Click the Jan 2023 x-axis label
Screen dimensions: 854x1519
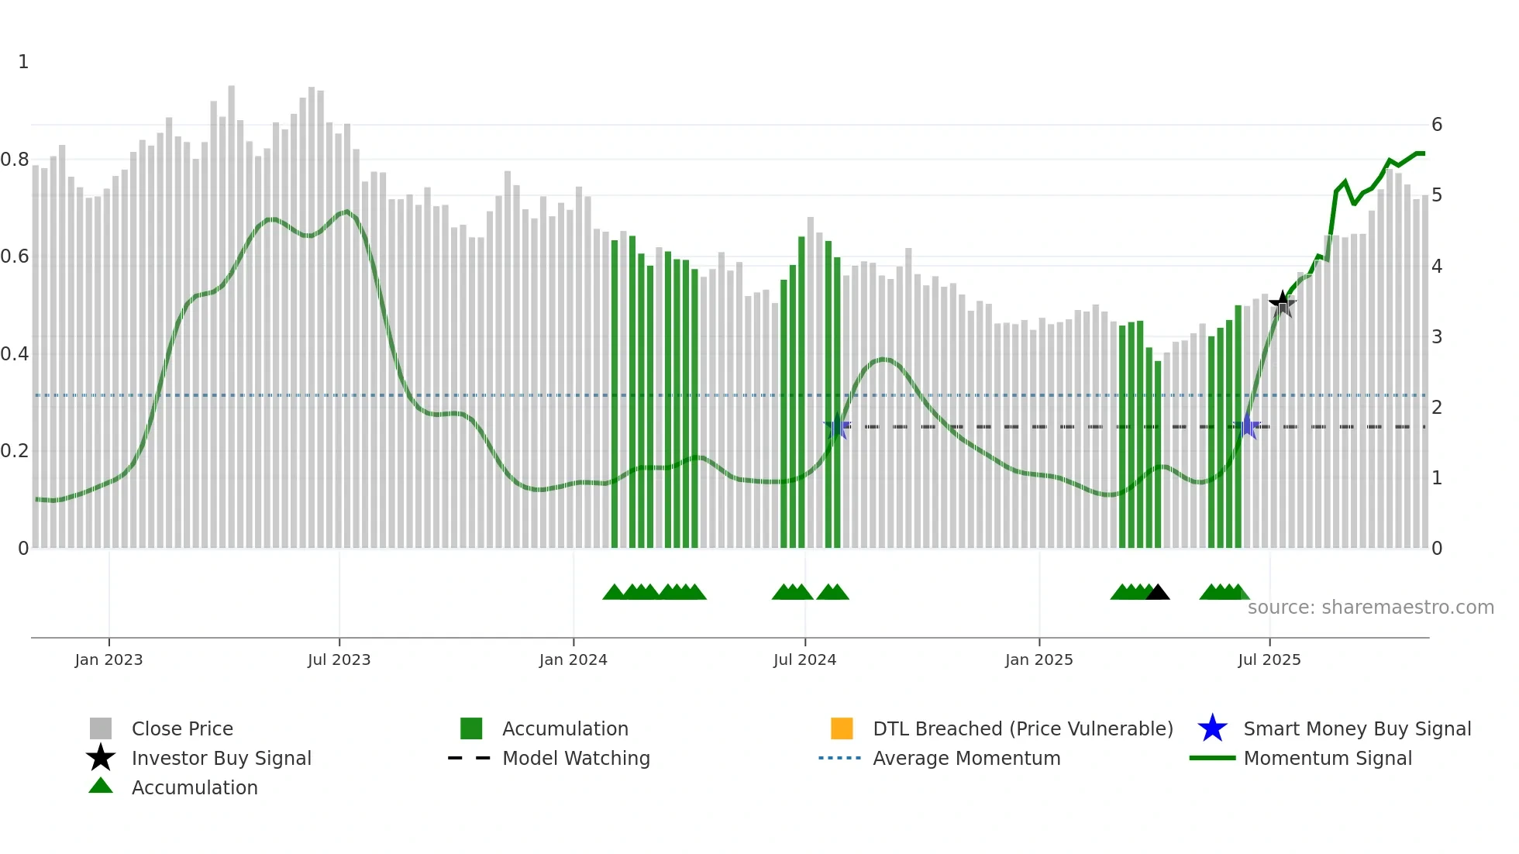point(108,659)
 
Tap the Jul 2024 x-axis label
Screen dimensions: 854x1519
point(804,659)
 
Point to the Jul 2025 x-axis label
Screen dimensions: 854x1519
point(1269,659)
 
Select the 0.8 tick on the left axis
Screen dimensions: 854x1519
point(15,160)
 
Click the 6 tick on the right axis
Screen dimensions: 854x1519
point(1437,125)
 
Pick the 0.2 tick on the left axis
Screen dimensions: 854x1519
point(15,451)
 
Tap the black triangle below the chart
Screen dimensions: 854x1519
point(1157,593)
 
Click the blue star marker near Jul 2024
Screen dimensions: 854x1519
point(837,427)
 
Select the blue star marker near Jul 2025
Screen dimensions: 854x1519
point(1247,426)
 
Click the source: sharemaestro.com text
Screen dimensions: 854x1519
point(1370,608)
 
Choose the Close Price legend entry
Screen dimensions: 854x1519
point(182,728)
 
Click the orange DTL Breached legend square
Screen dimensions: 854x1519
point(842,728)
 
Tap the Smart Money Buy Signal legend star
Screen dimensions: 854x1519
point(1212,728)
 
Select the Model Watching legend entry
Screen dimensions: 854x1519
point(576,758)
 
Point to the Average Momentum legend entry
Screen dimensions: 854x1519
point(966,758)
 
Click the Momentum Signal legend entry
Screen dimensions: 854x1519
point(1327,758)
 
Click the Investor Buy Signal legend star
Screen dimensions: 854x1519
point(101,758)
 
